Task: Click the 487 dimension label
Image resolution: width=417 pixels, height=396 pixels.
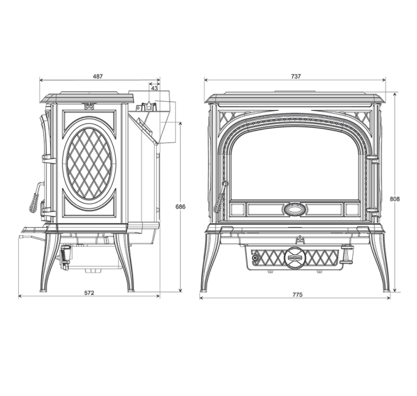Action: click(x=98, y=76)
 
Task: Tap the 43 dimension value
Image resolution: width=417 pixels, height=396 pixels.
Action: click(x=154, y=88)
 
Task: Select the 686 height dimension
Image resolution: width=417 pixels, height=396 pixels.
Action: click(x=181, y=206)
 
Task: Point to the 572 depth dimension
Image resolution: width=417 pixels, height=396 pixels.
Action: click(x=89, y=293)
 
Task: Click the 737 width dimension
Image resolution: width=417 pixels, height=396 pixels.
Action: click(x=296, y=76)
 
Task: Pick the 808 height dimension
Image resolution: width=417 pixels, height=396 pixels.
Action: click(x=395, y=199)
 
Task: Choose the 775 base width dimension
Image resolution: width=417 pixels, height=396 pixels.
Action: click(x=298, y=295)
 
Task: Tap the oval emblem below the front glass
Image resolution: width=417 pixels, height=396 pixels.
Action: click(x=294, y=209)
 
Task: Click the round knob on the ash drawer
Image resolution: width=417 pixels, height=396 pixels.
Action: click(x=294, y=257)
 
